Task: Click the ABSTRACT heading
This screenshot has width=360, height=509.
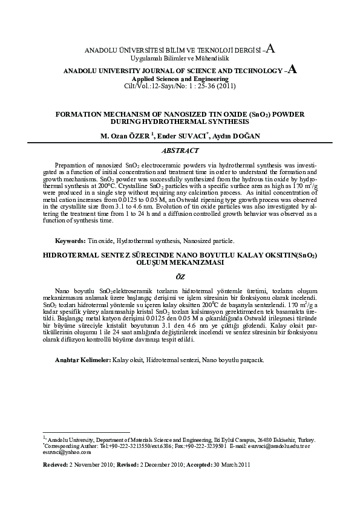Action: coord(180,149)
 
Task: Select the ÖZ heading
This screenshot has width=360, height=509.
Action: coord(180,276)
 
